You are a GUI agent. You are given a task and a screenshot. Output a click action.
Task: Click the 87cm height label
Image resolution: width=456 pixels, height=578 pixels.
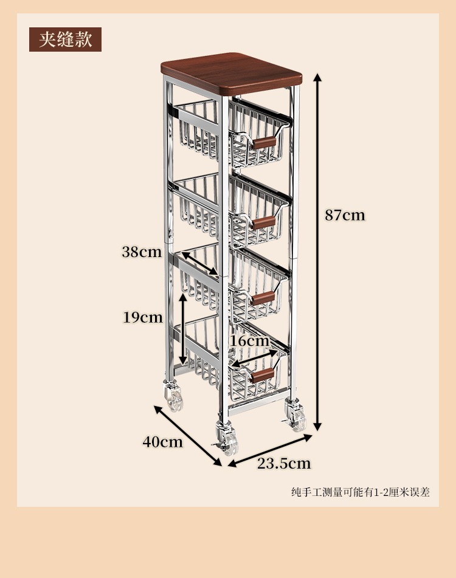[x=345, y=215]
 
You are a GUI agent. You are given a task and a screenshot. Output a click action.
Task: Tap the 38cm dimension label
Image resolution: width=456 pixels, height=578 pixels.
[x=142, y=252]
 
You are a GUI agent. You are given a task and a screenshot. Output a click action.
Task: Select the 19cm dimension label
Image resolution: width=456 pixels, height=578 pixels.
[x=143, y=317]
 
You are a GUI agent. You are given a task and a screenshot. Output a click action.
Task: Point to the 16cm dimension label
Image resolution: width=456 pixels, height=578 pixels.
[x=249, y=341]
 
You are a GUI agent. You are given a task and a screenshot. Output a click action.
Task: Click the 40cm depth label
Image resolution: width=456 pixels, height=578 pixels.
[x=162, y=442]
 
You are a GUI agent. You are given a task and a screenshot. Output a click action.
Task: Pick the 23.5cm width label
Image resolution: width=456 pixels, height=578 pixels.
[x=284, y=464]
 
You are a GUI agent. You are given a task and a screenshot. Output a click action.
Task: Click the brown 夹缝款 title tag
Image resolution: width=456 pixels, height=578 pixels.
[x=65, y=40]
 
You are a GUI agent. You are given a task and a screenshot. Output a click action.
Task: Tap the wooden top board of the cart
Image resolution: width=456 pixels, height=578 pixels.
[x=231, y=73]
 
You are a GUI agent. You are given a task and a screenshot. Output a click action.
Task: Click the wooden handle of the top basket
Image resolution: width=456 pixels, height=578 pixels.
[x=264, y=142]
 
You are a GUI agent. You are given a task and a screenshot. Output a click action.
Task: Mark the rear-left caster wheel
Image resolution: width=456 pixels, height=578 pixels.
[x=173, y=396]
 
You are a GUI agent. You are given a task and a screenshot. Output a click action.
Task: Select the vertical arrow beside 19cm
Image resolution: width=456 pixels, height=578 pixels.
[x=182, y=329]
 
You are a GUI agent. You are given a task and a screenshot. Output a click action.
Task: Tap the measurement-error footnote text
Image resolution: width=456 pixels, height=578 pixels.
[x=360, y=492]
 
